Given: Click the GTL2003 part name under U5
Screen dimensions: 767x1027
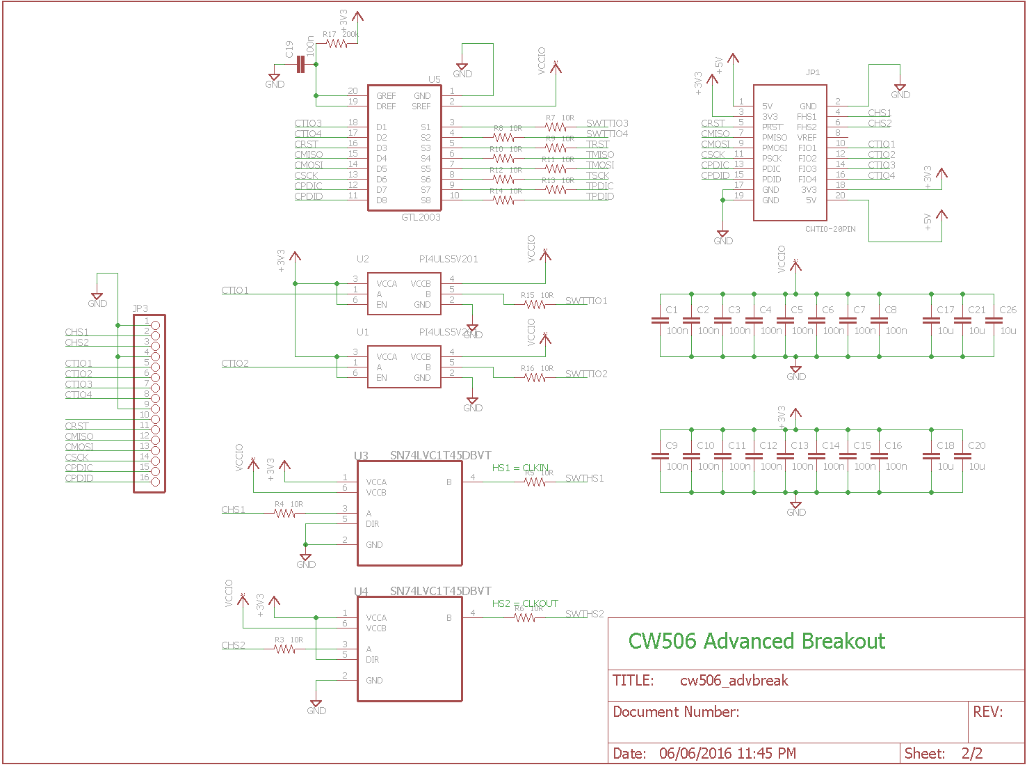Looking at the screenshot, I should coord(421,217).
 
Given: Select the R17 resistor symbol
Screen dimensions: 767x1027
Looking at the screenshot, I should coord(337,44).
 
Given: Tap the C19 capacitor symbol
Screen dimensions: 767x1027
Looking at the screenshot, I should coord(300,65).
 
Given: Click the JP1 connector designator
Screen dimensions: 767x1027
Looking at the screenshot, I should coord(812,72).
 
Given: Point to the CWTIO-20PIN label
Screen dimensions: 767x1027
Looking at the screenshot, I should coord(830,229).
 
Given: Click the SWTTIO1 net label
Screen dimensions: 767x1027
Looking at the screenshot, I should coord(586,301).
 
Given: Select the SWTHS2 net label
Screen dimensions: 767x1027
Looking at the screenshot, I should coord(584,614).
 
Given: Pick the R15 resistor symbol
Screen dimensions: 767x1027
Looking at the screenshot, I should coord(535,304).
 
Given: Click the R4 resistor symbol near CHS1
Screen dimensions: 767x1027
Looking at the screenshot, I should coord(285,514).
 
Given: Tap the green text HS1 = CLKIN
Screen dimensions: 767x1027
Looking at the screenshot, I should coord(520,468).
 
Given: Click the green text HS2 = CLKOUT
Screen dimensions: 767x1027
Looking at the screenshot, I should coord(525,603).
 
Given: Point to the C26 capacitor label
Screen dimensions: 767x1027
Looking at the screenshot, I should coord(1008,310).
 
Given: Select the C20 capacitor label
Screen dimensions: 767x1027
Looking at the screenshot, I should coord(977,445).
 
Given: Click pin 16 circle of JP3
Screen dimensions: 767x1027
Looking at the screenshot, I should coord(155,482).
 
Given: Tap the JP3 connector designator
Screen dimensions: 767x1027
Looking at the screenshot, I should coord(140,308).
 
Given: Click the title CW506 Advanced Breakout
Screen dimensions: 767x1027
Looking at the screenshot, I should coord(757,641).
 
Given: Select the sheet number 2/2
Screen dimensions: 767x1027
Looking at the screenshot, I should coord(972,753).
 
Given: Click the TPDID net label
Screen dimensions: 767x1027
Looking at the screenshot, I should coord(599,196).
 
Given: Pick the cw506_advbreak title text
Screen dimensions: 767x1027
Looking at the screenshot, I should coord(734,681).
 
